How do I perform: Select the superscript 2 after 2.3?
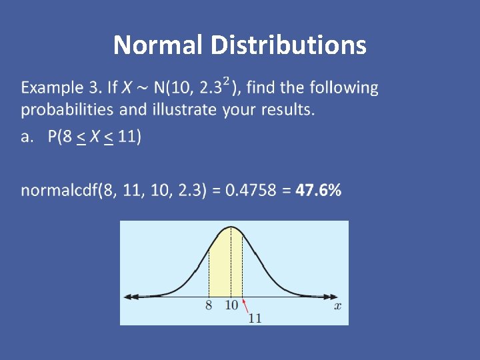coord(227,81)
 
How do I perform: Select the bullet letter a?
coord(27,137)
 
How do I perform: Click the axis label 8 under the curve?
coord(209,306)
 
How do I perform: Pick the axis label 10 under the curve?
coord(231,306)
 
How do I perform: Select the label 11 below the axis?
coord(255,318)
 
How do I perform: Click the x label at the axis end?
coord(337,306)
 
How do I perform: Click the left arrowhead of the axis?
coord(128,296)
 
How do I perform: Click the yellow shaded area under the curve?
coord(225,267)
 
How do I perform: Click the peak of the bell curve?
coord(231,227)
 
